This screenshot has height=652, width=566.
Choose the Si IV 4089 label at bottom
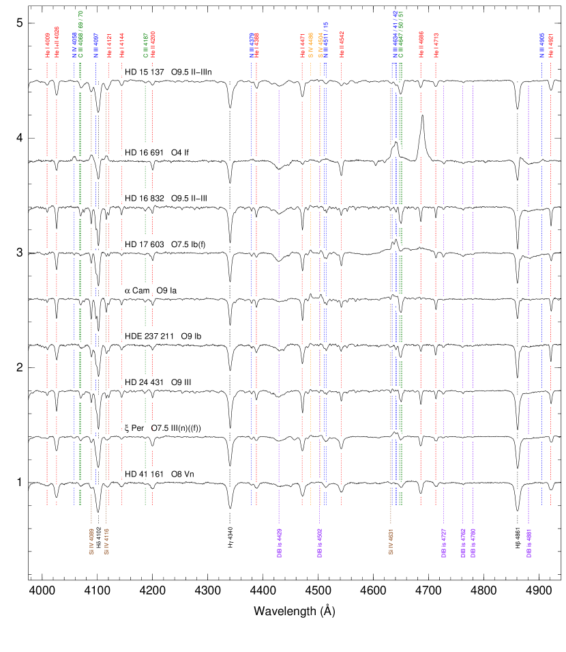[91, 540]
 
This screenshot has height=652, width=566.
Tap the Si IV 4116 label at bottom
[106, 540]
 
